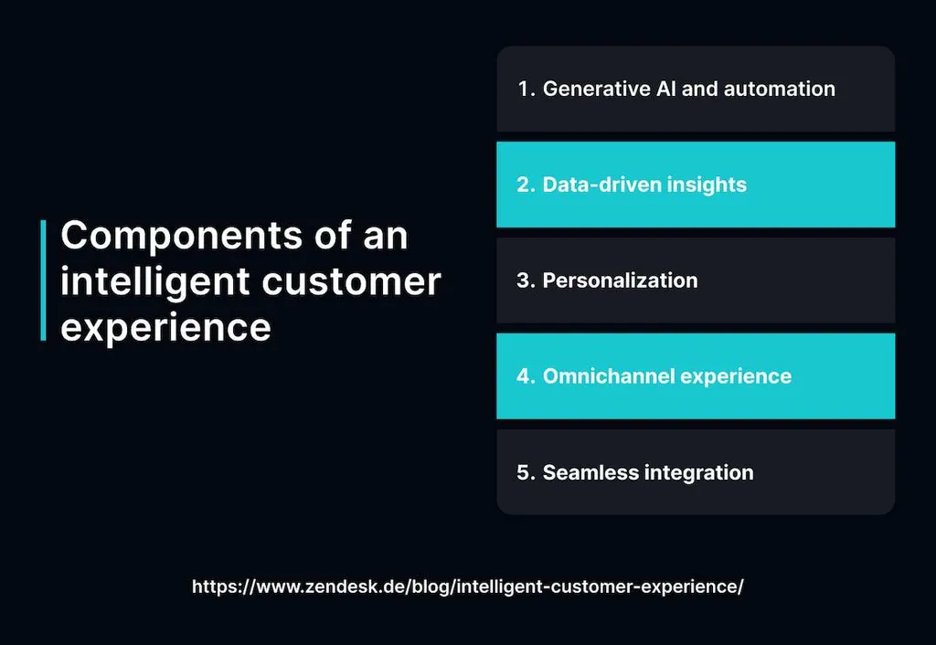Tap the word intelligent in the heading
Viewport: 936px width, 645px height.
click(x=155, y=281)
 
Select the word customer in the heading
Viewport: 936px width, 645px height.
click(x=351, y=281)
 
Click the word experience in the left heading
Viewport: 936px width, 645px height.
click(x=166, y=327)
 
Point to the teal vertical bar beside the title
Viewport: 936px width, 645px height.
click(x=43, y=280)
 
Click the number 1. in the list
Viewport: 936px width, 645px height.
click(x=526, y=89)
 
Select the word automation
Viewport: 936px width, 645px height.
click(x=780, y=89)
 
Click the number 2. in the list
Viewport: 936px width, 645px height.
click(x=526, y=185)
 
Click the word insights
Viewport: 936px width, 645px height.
click(x=707, y=185)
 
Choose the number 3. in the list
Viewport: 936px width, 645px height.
click(x=526, y=280)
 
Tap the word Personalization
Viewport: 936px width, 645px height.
click(x=621, y=280)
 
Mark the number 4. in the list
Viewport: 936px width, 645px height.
click(x=526, y=376)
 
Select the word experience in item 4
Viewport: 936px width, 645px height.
click(x=736, y=377)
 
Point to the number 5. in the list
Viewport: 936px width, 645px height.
click(x=526, y=472)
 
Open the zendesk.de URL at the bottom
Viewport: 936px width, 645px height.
click(x=468, y=587)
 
